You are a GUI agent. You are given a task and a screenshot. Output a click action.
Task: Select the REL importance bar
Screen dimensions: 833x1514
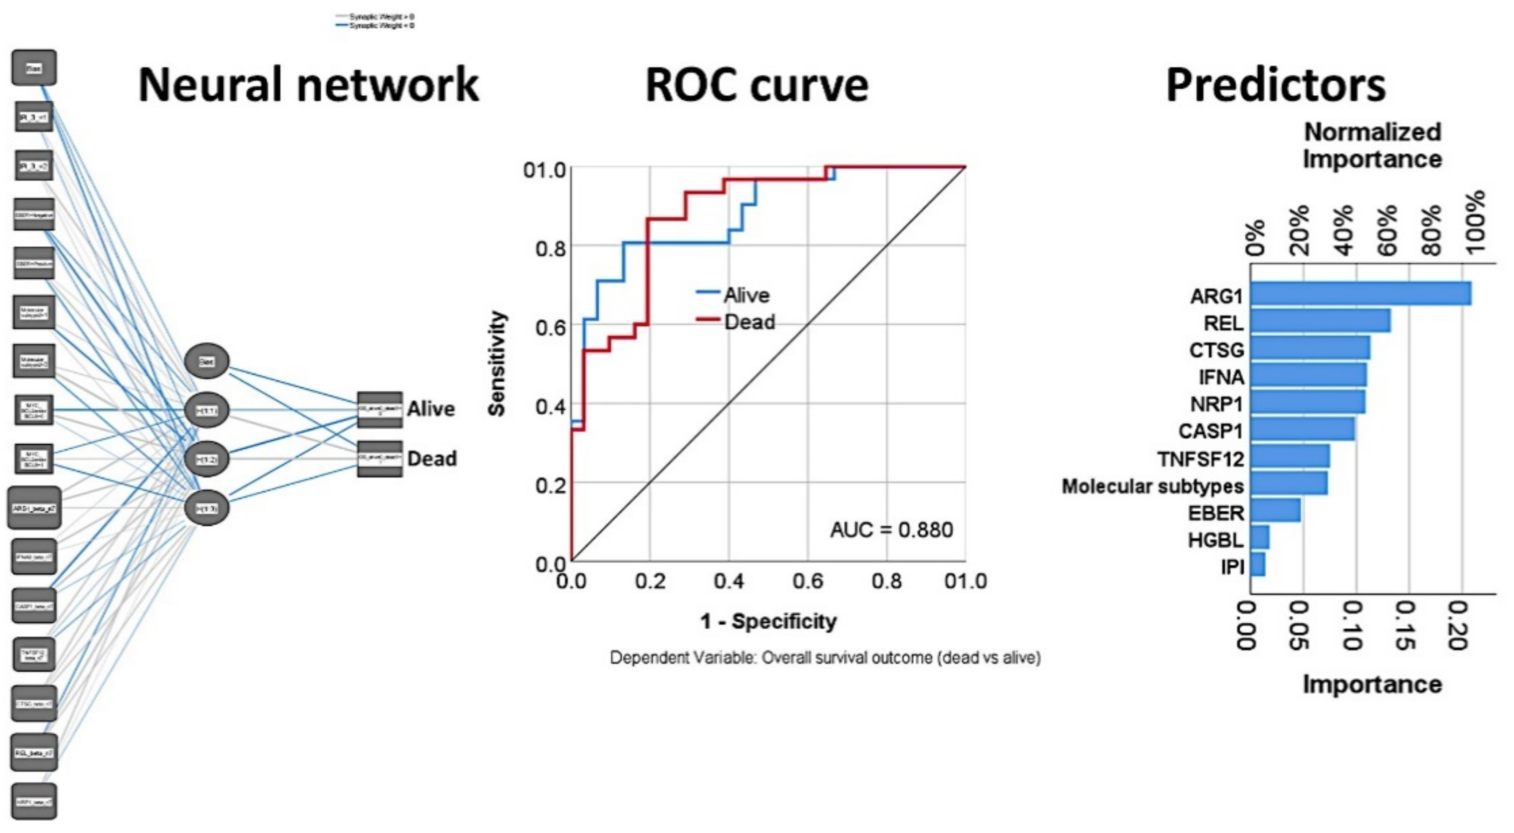click(1320, 321)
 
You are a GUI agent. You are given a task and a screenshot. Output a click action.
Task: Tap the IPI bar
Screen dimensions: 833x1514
click(1258, 564)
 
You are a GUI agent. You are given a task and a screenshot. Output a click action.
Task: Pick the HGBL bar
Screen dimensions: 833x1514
click(1260, 537)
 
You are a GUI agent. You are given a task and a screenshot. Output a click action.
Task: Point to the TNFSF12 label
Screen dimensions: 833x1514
click(1200, 459)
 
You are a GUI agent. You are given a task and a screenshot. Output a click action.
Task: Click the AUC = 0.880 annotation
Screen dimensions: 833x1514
click(891, 530)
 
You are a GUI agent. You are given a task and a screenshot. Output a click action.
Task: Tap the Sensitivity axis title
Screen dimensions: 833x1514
click(497, 363)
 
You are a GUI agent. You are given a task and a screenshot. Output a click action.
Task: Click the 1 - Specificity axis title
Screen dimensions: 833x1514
click(768, 621)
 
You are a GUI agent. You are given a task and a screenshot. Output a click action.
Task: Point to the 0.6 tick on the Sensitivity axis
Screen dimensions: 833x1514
click(550, 326)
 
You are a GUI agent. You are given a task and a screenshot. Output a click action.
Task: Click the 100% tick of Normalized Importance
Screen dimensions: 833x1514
click(1475, 224)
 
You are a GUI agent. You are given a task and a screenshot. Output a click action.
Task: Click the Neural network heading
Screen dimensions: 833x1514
click(308, 85)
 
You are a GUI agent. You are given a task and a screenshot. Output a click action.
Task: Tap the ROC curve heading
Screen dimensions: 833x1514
click(757, 85)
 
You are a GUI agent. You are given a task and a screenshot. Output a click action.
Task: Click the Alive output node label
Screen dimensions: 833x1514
click(431, 409)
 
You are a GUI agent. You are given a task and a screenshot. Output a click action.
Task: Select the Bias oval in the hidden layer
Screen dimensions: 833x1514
click(206, 361)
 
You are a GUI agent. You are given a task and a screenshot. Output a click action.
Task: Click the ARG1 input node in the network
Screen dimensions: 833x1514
click(34, 507)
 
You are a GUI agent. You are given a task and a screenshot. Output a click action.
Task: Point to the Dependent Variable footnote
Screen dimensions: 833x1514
click(824, 657)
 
